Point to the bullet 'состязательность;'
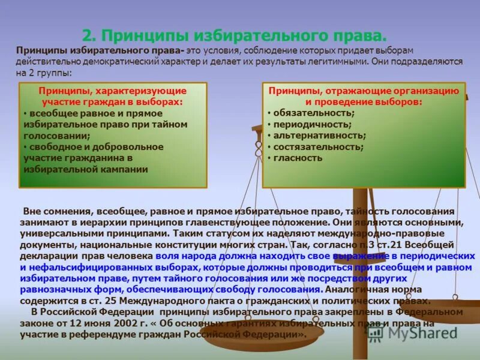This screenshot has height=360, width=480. click(x=318, y=147)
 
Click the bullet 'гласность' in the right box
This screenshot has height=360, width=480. click(x=298, y=158)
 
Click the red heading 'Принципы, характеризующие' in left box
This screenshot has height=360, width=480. click(x=113, y=91)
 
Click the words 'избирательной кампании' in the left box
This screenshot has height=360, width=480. click(x=86, y=170)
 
